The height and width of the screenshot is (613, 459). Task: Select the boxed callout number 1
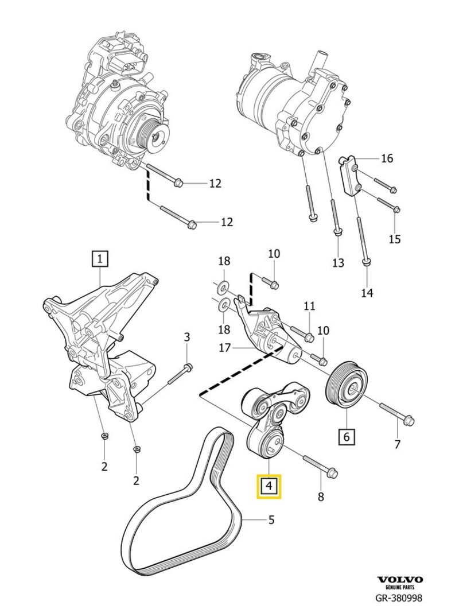pyautogui.click(x=100, y=259)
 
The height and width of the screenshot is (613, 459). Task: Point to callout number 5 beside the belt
pyautogui.click(x=271, y=520)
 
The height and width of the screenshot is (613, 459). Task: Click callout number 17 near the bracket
pyautogui.click(x=224, y=347)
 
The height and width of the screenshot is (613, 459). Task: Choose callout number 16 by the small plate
pyautogui.click(x=387, y=158)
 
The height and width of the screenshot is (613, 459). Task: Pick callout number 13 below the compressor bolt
pyautogui.click(x=338, y=262)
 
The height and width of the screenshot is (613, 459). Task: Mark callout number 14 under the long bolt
pyautogui.click(x=367, y=293)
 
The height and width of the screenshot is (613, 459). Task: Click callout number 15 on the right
pyautogui.click(x=394, y=239)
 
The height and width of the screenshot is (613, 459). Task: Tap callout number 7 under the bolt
pyautogui.click(x=398, y=444)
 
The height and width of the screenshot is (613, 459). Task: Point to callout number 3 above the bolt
pyautogui.click(x=186, y=336)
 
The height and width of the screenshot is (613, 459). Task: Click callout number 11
pyautogui.click(x=310, y=306)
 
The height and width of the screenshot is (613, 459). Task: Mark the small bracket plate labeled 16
pyautogui.click(x=349, y=176)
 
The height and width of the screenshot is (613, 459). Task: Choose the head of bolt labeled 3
pyautogui.click(x=189, y=367)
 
